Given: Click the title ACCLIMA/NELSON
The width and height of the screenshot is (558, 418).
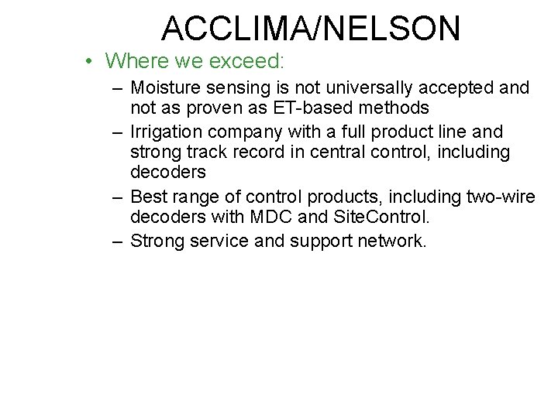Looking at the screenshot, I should pos(311,28).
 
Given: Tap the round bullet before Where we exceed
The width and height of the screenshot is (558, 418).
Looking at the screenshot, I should pos(91,61).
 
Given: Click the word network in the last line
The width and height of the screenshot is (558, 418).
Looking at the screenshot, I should pos(391,241).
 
